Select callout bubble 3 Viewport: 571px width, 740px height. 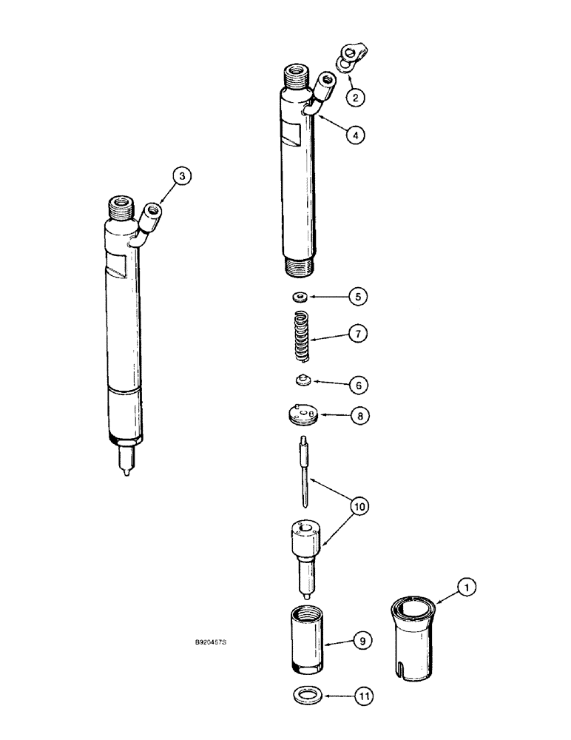[x=182, y=177]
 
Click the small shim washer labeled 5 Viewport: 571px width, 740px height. [x=300, y=297]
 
